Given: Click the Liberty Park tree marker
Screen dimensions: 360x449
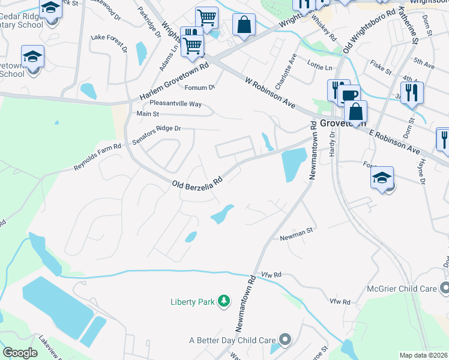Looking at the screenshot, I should click(224, 300).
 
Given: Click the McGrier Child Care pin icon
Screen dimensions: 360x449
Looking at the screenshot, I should click(444, 288).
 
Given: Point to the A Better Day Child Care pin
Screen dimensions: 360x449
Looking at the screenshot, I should click(285, 340).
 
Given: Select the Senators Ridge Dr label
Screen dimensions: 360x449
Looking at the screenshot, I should click(156, 129).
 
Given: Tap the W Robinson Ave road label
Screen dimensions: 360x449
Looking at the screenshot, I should click(270, 92).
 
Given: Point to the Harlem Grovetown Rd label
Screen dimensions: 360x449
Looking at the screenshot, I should click(173, 81).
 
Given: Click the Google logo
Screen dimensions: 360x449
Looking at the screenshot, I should click(20, 353).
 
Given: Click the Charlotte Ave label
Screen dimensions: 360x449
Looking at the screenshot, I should click(286, 70).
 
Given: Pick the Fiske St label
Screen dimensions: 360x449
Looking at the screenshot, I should click(381, 67).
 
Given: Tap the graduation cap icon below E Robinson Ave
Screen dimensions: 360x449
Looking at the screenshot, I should click(382, 178).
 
